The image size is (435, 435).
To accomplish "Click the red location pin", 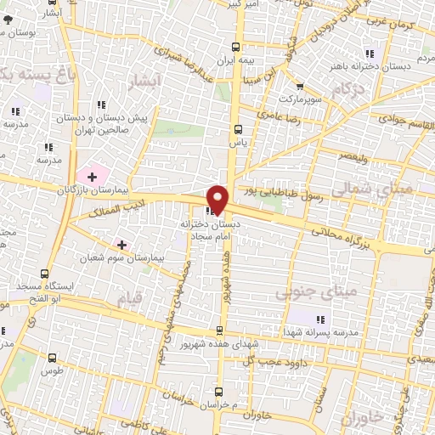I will pos(217,198).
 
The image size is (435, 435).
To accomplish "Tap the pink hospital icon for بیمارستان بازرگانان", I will pos(92,176).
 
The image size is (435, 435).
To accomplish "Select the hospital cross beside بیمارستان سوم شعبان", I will pos(121,245).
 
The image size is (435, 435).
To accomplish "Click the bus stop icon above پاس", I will pos(237,130).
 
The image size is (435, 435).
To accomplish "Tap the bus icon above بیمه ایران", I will pos(236,48).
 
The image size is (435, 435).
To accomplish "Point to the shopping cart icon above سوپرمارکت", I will pos(299,86).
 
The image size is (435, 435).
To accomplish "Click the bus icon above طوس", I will pos(54,358).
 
